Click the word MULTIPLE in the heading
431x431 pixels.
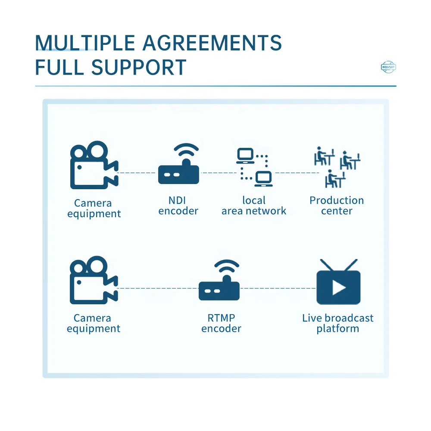click(x=85, y=43)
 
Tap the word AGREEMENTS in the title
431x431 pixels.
click(x=212, y=43)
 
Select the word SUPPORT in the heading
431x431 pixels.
click(x=139, y=67)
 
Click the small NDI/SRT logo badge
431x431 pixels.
click(x=388, y=67)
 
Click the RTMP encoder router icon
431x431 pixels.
click(x=219, y=280)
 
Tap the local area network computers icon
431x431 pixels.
click(x=255, y=167)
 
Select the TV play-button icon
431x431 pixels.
click(x=339, y=282)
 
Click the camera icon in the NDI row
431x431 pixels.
click(x=94, y=165)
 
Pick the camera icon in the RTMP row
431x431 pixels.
click(x=94, y=280)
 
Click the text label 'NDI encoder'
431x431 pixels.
click(x=178, y=206)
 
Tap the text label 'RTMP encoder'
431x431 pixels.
click(x=221, y=323)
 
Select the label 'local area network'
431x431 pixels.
click(x=254, y=206)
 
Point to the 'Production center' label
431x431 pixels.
click(x=337, y=206)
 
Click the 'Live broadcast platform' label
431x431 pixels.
click(x=338, y=323)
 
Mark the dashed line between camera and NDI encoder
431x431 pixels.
click(x=137, y=173)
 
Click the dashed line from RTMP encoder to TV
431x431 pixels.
click(x=278, y=288)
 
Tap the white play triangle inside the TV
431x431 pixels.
click(x=339, y=288)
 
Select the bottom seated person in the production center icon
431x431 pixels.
click(x=335, y=179)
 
